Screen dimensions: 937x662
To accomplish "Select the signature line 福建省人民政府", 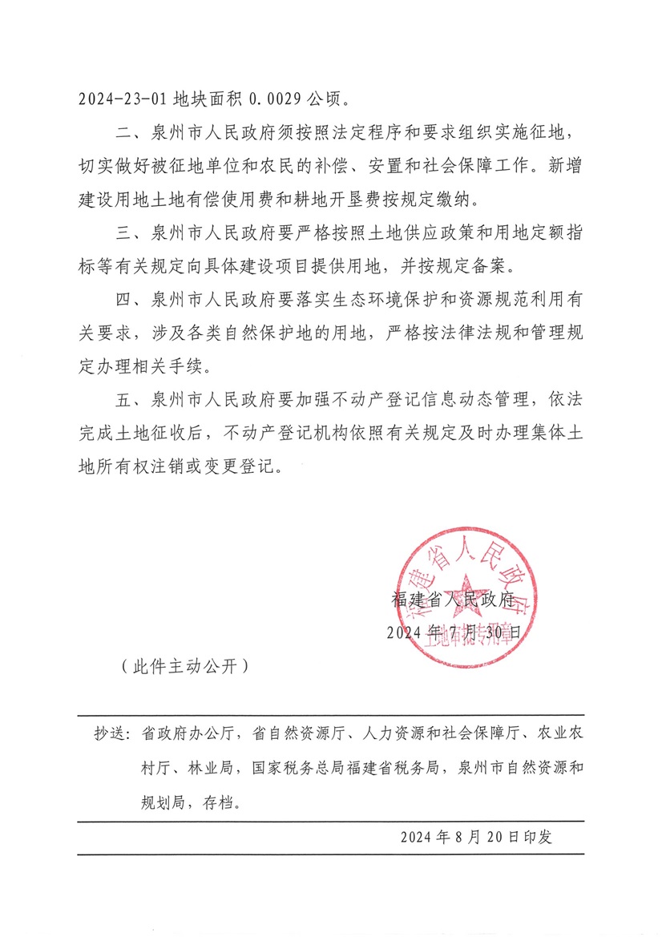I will [x=452, y=599].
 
